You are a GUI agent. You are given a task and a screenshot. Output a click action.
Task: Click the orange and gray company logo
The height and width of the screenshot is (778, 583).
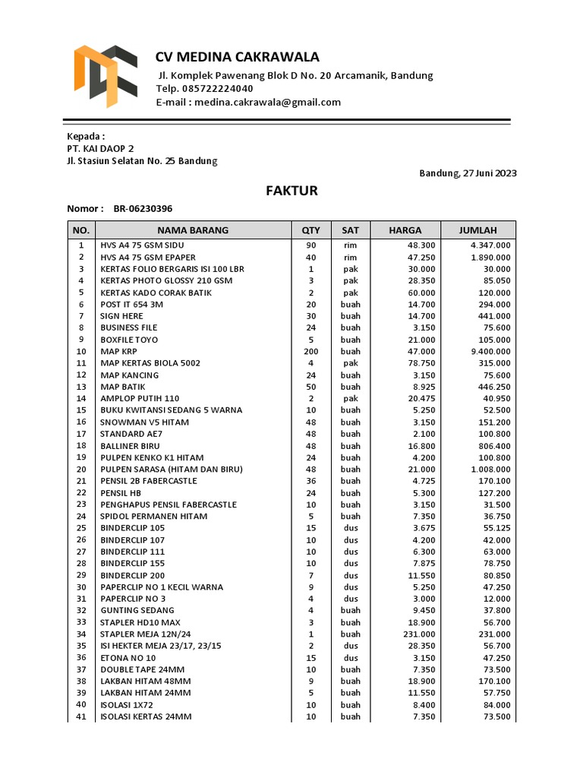105,75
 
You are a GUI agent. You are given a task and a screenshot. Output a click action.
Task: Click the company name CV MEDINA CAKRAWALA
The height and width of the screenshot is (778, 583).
237,57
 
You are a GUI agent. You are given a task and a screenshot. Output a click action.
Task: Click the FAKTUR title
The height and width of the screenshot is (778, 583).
291,191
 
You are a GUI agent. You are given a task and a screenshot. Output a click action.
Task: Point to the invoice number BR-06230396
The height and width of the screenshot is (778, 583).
143,209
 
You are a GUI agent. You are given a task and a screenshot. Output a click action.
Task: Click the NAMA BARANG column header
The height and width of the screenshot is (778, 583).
193,230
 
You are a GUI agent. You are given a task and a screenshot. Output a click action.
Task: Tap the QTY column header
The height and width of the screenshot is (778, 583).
311,230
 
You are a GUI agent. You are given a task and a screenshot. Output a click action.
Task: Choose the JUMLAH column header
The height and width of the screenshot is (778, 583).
477,230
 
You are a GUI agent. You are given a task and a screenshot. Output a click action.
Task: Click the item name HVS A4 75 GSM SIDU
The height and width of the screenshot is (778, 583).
142,245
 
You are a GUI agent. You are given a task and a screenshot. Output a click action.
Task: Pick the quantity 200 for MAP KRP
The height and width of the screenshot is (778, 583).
311,352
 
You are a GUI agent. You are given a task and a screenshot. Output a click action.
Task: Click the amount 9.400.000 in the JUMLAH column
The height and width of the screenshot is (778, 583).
490,352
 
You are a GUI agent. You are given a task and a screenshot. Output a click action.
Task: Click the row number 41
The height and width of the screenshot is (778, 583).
81,716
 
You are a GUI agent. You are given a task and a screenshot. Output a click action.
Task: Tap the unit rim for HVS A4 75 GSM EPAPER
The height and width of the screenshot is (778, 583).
350,258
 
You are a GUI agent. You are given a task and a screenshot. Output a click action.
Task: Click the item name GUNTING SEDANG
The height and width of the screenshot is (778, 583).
137,610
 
